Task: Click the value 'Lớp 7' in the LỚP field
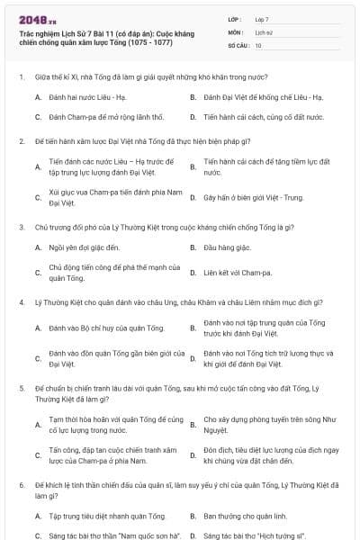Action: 263,19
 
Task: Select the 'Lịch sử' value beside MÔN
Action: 264,31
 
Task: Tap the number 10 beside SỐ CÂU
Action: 258,44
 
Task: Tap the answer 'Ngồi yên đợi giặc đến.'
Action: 84,246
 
